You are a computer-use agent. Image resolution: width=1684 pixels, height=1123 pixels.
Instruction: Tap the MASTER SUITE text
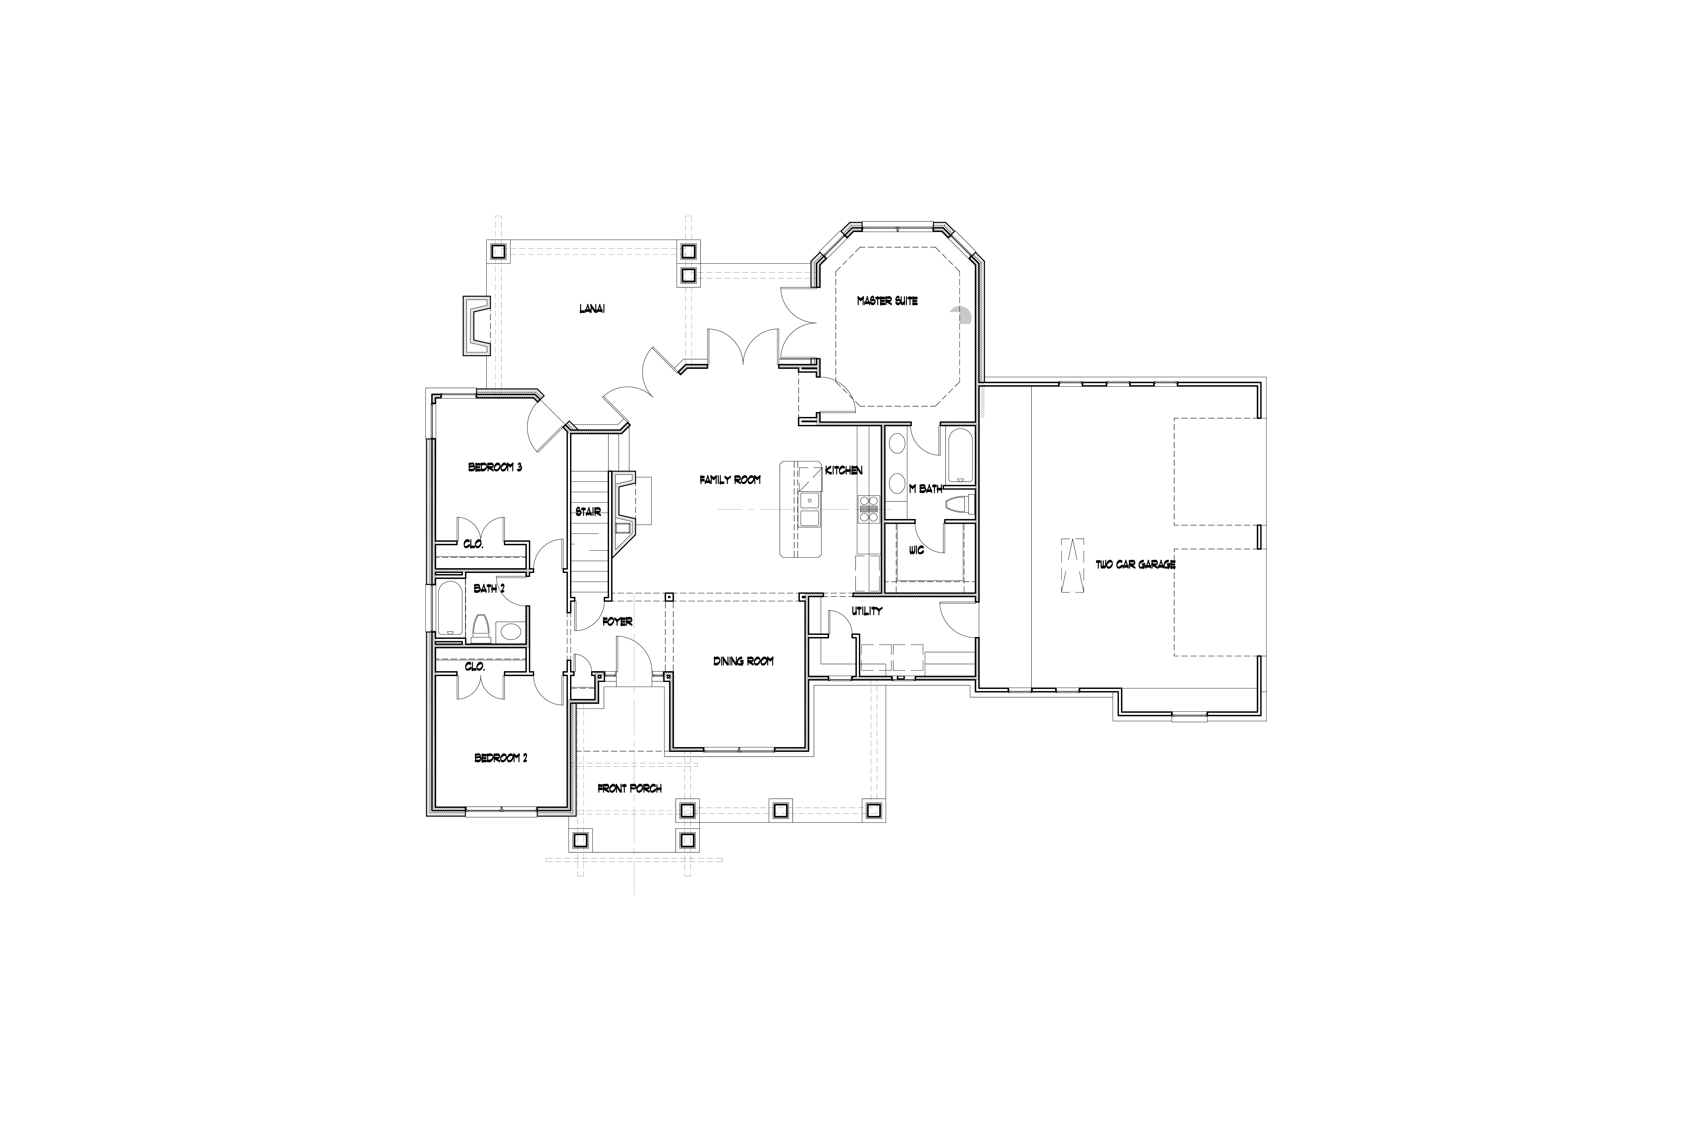point(887,301)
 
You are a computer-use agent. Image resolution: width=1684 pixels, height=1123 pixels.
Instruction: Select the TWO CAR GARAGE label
point(1136,564)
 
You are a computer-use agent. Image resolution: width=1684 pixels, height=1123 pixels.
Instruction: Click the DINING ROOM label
point(743,661)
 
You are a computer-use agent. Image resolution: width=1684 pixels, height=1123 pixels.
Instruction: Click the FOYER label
point(617,622)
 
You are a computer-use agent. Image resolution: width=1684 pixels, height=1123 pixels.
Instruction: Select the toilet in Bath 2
point(481,627)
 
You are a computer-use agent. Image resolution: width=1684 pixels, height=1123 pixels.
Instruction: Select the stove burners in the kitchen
point(868,508)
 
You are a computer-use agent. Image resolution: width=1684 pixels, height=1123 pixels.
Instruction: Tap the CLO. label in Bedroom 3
point(473,544)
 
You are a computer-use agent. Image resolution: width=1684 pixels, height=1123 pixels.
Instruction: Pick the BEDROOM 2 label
point(501,758)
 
